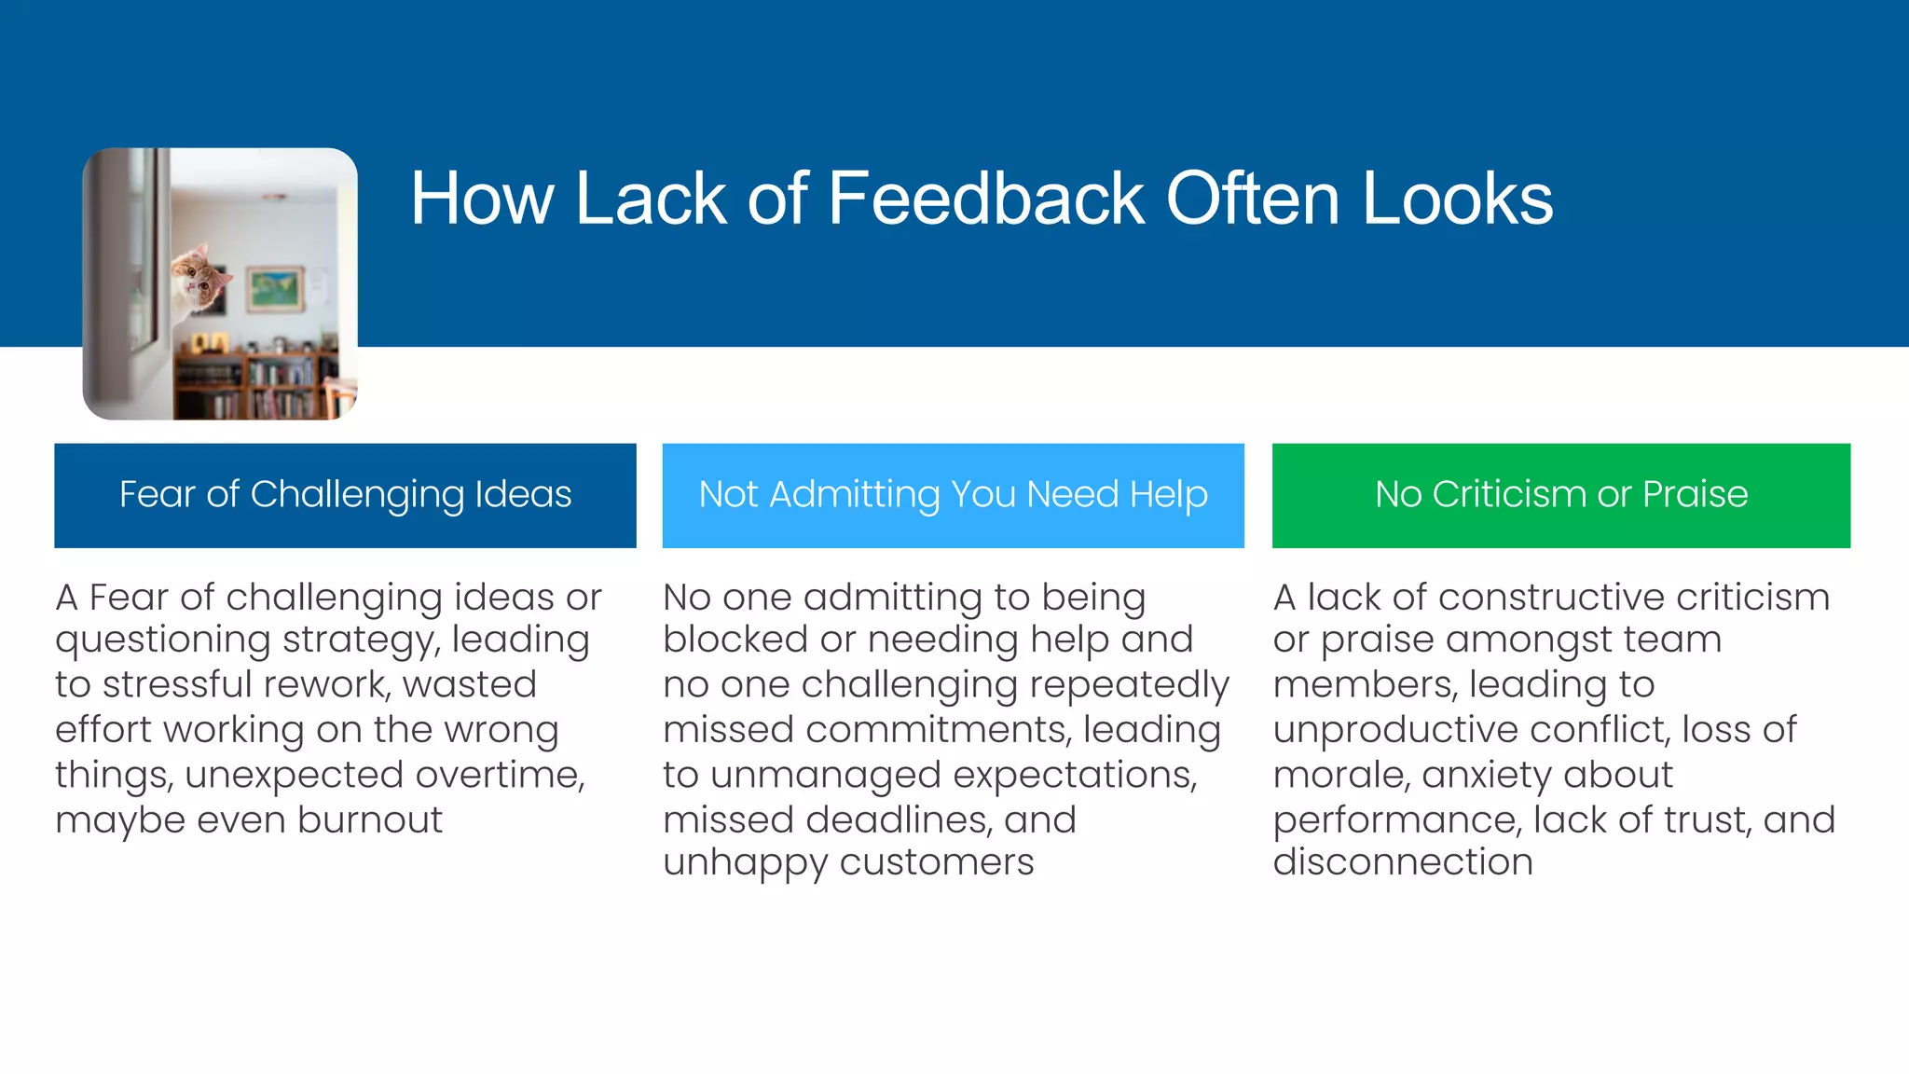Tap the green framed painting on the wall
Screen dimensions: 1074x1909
(275, 289)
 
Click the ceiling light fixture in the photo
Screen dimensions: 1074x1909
(274, 198)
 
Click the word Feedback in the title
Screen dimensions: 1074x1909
(985, 199)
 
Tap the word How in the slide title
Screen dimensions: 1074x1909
(481, 199)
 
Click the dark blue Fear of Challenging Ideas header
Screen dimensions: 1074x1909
(345, 495)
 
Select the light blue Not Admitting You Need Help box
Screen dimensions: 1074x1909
(953, 495)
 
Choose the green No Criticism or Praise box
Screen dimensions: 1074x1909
(1560, 495)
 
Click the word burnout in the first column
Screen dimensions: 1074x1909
(370, 820)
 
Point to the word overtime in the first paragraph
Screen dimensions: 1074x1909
(500, 776)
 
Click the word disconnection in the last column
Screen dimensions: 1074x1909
(1403, 862)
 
